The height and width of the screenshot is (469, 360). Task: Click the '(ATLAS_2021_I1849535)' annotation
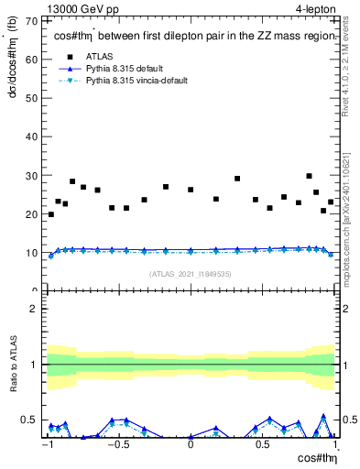[191, 273]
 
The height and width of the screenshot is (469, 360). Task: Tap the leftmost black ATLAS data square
[50, 214]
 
